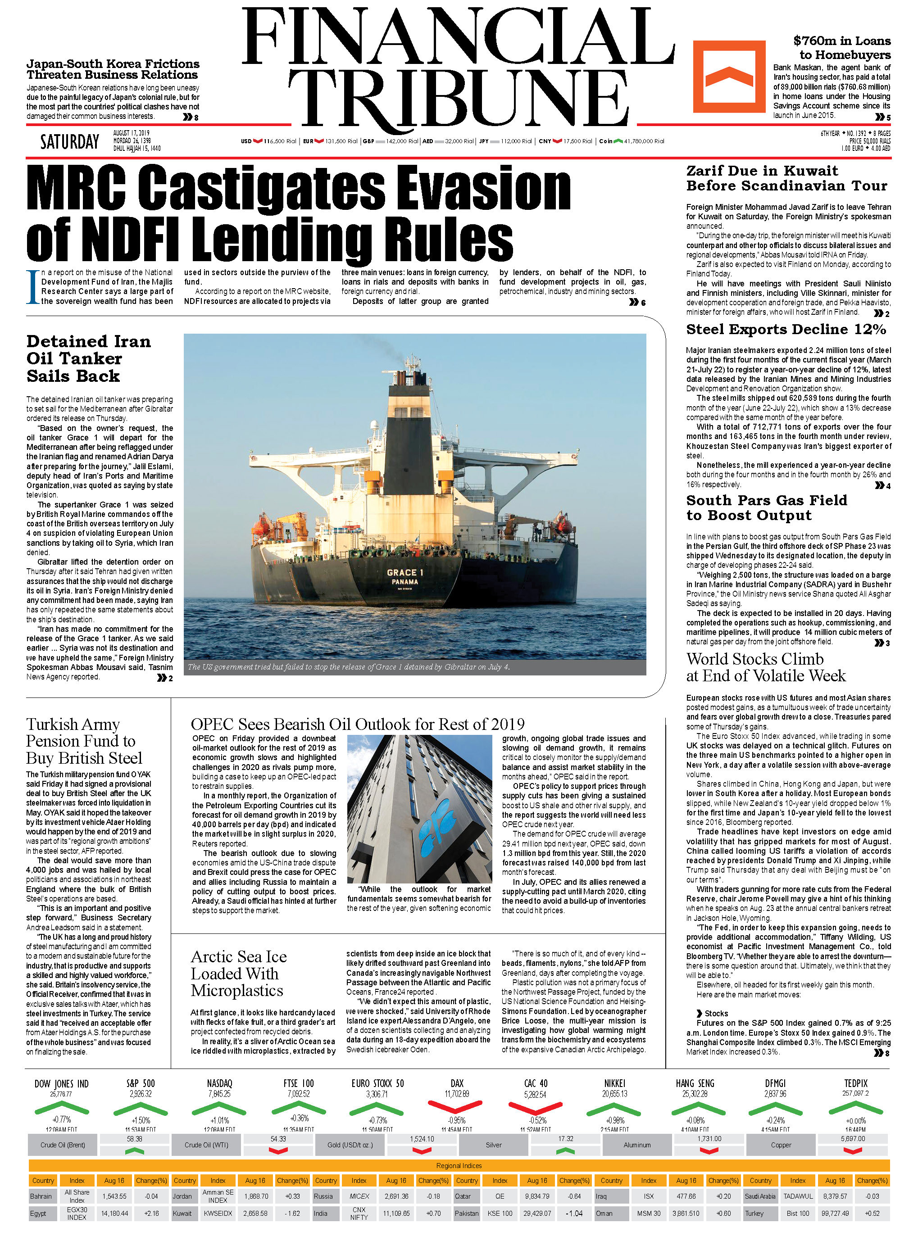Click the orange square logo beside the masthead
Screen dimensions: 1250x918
728,76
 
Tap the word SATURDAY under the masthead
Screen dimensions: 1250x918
69,142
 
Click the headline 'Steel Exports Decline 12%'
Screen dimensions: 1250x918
786,330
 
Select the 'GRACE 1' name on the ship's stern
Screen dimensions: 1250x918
405,572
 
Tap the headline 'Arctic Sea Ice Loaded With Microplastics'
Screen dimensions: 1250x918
238,974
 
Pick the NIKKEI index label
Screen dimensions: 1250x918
614,1083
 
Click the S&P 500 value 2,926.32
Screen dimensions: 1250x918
140,1094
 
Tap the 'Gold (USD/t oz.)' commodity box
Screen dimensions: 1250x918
350,1145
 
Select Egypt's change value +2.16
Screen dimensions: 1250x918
151,1214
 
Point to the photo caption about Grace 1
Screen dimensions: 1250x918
349,667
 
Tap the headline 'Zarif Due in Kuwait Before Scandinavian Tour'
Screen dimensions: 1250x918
786,178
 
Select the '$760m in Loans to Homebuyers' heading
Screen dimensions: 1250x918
841,48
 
